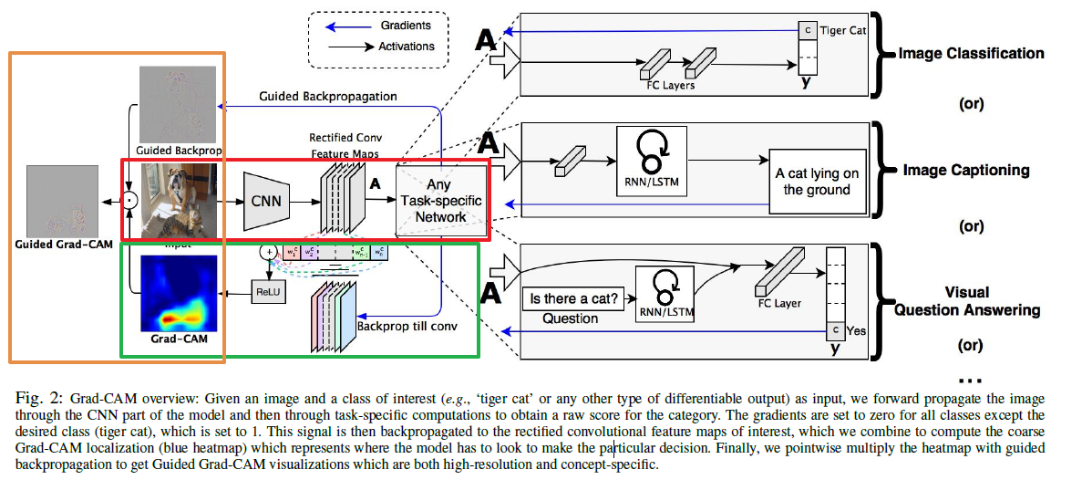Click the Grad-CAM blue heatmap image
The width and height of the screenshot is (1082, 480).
(x=179, y=294)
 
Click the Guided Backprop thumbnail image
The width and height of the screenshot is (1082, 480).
(x=179, y=103)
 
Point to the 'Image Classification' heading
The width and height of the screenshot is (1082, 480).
(x=971, y=53)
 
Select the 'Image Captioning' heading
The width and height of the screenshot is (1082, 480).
(x=965, y=170)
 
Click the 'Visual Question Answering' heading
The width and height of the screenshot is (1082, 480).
(x=966, y=301)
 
